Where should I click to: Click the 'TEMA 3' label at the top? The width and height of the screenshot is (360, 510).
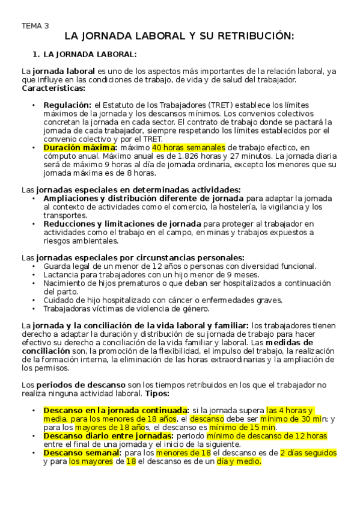tap(35, 26)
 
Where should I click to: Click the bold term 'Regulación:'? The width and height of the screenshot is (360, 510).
tap(67, 104)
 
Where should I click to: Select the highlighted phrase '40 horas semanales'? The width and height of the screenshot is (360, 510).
tap(189, 147)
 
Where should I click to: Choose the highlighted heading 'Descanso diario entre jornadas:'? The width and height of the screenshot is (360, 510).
tap(107, 435)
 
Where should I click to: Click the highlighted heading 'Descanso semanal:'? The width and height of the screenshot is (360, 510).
tap(82, 452)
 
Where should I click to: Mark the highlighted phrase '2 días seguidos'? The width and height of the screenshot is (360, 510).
tap(308, 452)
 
